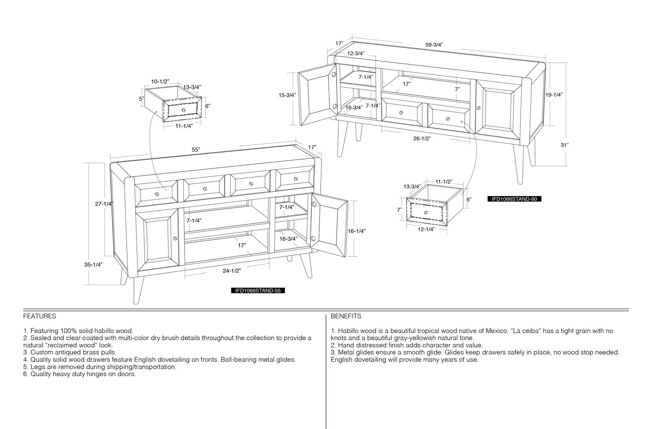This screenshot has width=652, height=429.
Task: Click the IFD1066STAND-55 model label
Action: (258, 290)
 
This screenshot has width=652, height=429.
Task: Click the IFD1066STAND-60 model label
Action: (514, 199)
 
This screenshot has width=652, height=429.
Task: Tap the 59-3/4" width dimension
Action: (434, 45)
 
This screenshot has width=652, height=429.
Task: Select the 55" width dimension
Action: (196, 149)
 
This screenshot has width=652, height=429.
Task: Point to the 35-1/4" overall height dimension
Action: (93, 265)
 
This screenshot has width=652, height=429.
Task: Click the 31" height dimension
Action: (564, 145)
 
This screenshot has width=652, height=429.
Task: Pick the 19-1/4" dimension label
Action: (554, 94)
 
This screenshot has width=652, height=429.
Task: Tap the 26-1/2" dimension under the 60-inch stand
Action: (422, 138)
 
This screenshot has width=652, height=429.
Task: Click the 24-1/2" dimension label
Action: (232, 271)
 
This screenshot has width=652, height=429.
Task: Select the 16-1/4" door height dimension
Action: (357, 231)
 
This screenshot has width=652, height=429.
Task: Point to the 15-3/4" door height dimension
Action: (287, 95)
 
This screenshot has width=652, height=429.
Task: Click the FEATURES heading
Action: (40, 316)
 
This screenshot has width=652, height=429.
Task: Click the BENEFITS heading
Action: (346, 316)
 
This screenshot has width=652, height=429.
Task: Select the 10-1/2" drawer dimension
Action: (160, 81)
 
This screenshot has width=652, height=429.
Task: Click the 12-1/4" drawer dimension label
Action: (426, 229)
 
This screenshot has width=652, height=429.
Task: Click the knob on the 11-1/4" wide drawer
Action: (183, 110)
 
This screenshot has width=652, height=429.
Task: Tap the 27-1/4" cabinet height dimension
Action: (104, 204)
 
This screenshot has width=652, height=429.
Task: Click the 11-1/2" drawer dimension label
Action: (444, 182)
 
